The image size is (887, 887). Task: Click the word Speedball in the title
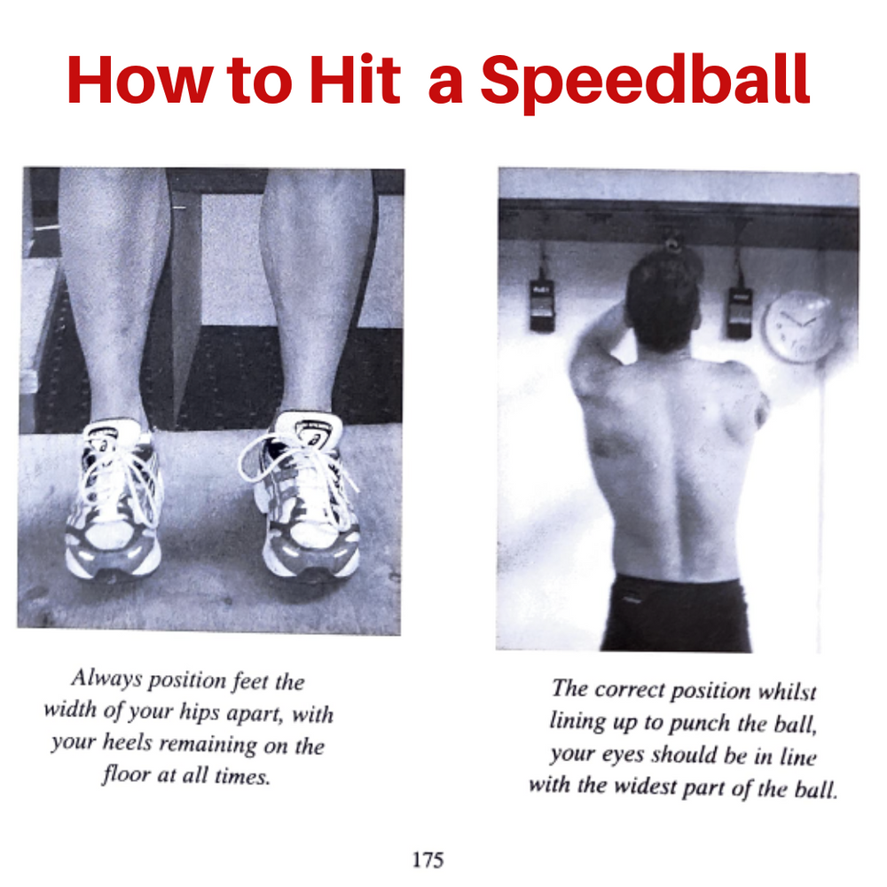(645, 81)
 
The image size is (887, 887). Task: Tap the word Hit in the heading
(356, 81)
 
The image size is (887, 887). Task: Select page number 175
(428, 859)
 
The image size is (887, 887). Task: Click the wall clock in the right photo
(800, 326)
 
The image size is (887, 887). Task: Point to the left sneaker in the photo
(114, 501)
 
